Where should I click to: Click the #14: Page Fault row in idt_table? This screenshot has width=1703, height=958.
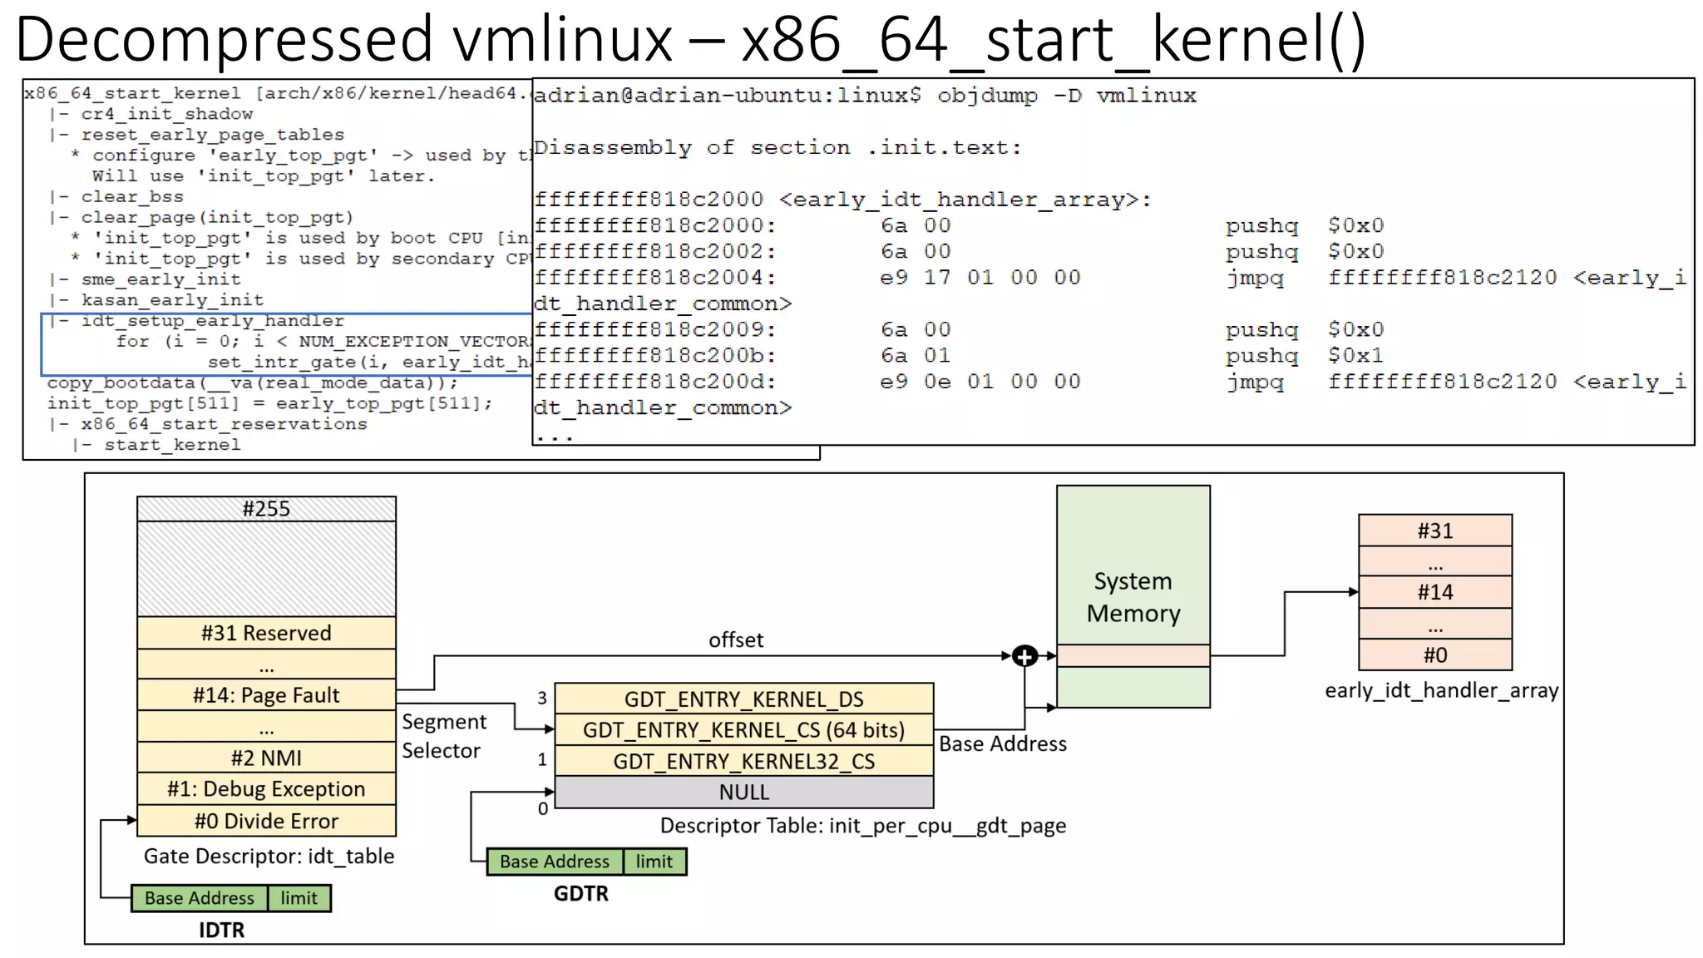266,695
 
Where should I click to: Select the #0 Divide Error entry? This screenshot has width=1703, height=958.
266,821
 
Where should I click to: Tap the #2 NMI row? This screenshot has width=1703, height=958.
266,758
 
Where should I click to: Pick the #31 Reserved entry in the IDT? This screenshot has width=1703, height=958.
266,633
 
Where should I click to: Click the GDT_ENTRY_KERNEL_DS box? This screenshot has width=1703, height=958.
743,699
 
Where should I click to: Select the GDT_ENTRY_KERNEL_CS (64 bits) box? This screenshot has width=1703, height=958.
743,729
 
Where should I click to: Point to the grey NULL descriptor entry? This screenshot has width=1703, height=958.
743,792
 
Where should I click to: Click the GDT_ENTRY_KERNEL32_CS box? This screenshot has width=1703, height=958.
743,761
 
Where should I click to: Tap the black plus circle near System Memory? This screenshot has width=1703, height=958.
1024,656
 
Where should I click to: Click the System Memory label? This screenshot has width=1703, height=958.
1133,596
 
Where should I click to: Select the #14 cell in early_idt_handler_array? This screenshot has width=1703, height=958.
1434,592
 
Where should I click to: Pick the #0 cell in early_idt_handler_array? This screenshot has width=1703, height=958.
1434,654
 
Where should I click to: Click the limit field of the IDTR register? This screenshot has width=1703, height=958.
299,898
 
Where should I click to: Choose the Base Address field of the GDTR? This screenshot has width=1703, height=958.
554,862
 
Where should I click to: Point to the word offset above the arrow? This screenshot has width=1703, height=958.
735,640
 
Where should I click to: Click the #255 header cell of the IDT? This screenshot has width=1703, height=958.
266,509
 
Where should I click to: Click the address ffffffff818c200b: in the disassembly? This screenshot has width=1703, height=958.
654,356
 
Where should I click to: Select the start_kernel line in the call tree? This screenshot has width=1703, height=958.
172,445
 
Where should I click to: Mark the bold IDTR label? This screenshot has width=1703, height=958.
221,930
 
